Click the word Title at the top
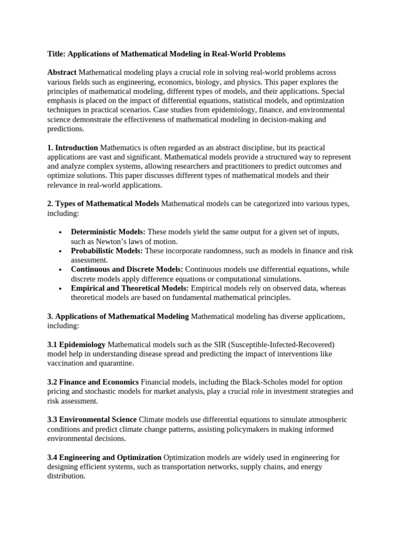pos(55,53)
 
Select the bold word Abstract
pos(62,72)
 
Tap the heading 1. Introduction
pos(72,148)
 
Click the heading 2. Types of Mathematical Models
pos(103,203)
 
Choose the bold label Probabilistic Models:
pos(107,251)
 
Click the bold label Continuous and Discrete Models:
pos(127,270)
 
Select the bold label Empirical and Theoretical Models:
pos(130,288)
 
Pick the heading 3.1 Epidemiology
pos(76,344)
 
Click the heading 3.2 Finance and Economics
pos(93,382)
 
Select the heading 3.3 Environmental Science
pos(92,420)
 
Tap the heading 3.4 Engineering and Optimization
pos(104,457)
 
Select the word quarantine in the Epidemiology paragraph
pos(115,363)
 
